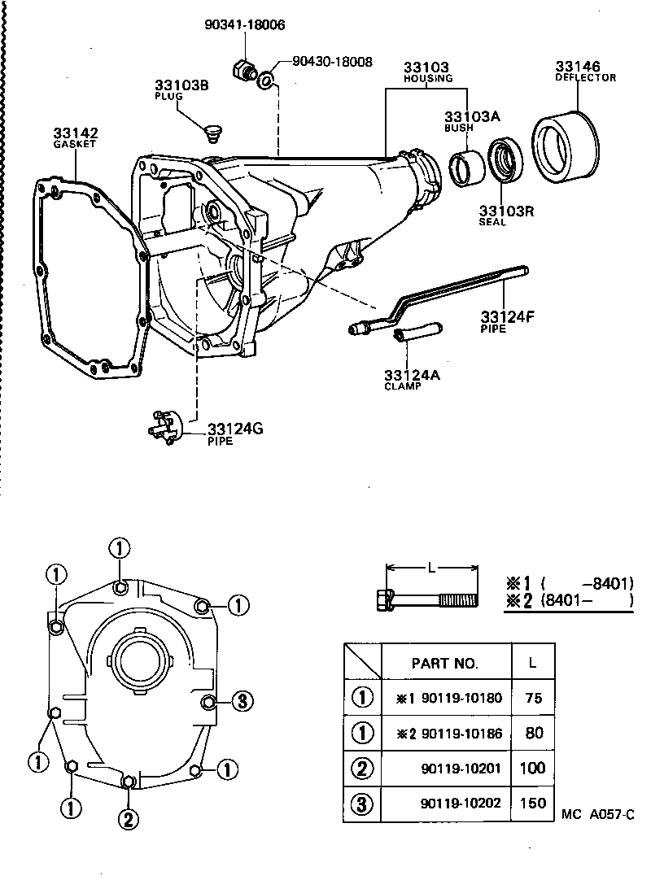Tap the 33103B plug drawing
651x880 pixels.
point(215,130)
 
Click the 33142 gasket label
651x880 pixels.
point(76,133)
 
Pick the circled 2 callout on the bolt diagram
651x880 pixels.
point(128,819)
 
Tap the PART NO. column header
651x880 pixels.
point(445,663)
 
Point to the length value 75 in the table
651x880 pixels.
point(534,697)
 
